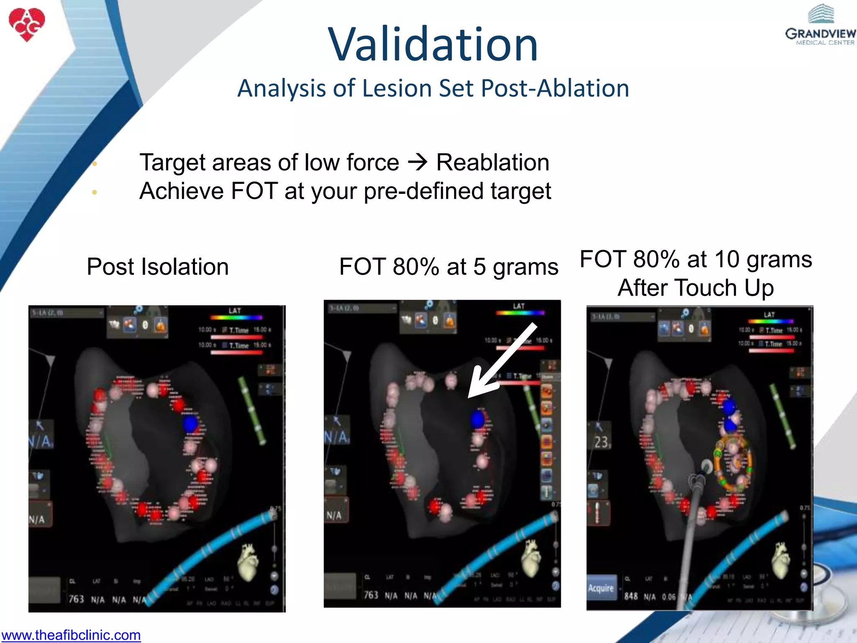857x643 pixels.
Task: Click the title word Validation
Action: point(433,44)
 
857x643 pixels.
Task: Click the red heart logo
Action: point(27,24)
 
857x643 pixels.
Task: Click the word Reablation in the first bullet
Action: point(493,162)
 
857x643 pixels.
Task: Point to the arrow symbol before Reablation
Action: point(417,162)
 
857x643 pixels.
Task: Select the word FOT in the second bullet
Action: point(254,191)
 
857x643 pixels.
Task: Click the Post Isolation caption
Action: point(158,267)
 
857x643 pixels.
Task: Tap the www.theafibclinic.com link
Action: point(71,635)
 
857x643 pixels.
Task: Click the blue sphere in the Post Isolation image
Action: point(190,424)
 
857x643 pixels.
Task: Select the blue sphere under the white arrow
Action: point(477,419)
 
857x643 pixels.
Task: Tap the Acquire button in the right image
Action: point(601,588)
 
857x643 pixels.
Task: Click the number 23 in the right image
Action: point(601,442)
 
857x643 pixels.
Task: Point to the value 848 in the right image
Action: point(631,596)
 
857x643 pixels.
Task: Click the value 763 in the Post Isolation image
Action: point(76,599)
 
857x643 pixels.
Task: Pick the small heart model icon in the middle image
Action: point(531,557)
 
